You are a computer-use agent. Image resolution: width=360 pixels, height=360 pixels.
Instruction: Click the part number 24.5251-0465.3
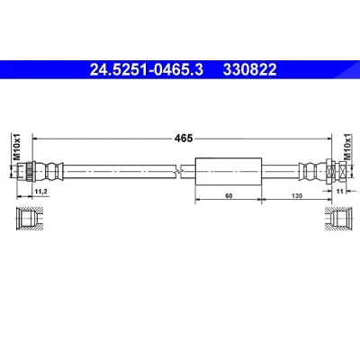[147, 70]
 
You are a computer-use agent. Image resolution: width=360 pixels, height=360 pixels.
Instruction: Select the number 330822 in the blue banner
[249, 70]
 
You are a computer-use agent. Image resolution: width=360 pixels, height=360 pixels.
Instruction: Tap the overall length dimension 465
[184, 139]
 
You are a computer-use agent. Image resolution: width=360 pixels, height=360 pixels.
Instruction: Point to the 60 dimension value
[229, 196]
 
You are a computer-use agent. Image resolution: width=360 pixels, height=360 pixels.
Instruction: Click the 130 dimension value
[297, 196]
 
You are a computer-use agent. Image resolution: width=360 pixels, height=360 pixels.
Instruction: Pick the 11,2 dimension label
[41, 191]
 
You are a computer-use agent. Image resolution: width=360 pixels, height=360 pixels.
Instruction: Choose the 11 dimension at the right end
[339, 191]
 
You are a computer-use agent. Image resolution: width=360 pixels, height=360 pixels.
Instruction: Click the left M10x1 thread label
[16, 147]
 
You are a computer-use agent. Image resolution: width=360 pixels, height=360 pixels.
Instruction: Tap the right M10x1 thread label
[347, 147]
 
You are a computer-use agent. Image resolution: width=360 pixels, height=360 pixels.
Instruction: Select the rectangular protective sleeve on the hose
[229, 172]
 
